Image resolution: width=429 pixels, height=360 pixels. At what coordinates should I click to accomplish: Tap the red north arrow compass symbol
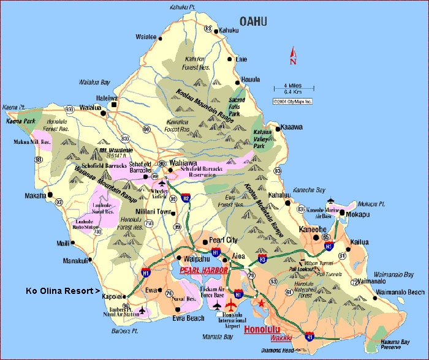[x=293, y=56]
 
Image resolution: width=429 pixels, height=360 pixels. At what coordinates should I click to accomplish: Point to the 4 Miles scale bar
[x=292, y=89]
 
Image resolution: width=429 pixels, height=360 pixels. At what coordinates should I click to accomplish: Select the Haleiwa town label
[x=106, y=97]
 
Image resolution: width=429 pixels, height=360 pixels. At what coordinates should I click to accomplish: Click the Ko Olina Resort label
[x=62, y=290]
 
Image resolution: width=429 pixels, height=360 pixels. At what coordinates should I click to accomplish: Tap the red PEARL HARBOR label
[x=203, y=269]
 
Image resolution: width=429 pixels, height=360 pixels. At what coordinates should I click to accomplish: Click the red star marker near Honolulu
[x=262, y=303]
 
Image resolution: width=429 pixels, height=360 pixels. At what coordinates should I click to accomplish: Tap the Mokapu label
[x=358, y=214]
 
